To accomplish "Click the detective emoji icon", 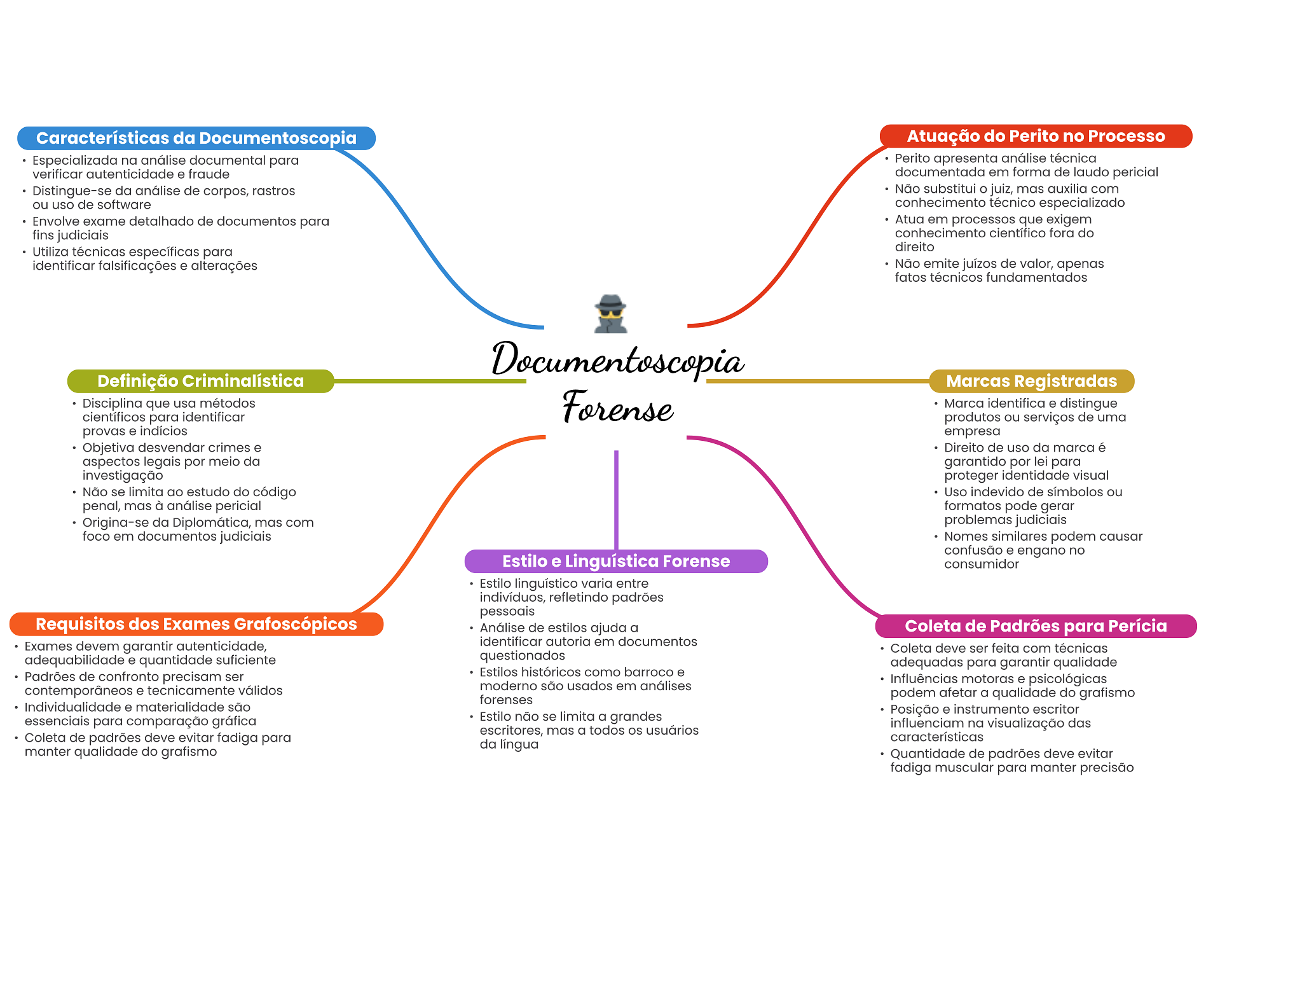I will tap(610, 314).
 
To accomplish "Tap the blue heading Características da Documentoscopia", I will tap(196, 138).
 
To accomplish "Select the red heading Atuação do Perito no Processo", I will tap(1035, 136).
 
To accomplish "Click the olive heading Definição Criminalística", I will tap(200, 381).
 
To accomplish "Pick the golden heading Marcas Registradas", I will tap(1031, 381).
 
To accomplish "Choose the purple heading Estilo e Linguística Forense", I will tap(615, 561).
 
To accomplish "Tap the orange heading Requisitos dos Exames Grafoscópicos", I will tap(196, 624).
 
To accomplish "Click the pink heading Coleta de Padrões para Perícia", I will tap(1035, 626).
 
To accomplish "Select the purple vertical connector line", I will tap(616, 499).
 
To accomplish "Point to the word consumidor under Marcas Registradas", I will tap(981, 564).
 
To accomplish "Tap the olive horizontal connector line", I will tap(430, 381).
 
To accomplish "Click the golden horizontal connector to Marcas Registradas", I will tap(818, 381).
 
